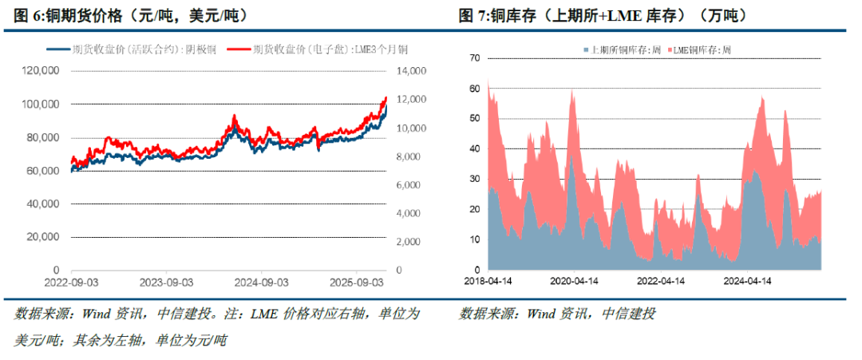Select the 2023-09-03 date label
[x=166, y=282]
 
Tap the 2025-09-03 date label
[x=358, y=282]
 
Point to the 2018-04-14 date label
[x=488, y=281]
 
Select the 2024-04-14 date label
[x=748, y=281]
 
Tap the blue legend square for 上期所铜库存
[x=587, y=50]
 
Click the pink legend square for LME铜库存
[x=666, y=50]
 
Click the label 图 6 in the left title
[x=28, y=15]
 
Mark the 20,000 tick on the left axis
[x=42, y=237]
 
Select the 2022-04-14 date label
[x=662, y=281]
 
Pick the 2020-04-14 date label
[x=575, y=281]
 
